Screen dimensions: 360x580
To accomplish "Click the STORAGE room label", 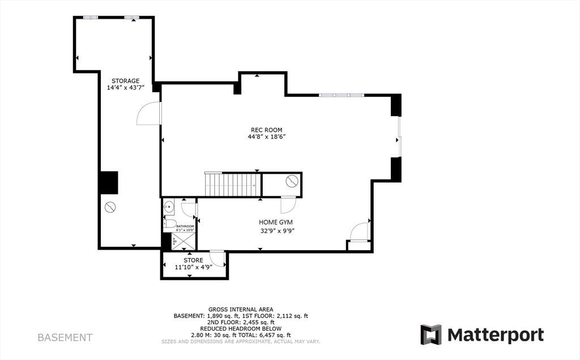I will tap(125, 81).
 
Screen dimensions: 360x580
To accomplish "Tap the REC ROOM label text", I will tap(266, 130).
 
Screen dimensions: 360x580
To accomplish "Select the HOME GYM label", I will tap(276, 222).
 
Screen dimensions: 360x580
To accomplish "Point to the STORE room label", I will tap(193, 260).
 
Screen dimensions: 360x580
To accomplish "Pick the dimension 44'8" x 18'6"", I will tap(266, 137).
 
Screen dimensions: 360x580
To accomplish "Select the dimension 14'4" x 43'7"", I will tap(125, 88).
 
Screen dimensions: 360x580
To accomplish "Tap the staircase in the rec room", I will tap(232, 185).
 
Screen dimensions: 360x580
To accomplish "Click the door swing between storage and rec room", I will tap(148, 114).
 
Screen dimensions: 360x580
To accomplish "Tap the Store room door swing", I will tap(217, 259).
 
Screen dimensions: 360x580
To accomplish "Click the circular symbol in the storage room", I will tap(110, 207).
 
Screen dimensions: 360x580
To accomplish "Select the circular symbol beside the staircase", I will tap(292, 182).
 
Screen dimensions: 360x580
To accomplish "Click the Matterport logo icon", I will tap(430, 335).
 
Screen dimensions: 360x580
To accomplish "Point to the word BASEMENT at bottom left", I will tap(65, 337).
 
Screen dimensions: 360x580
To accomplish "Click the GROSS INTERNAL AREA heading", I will tap(241, 310).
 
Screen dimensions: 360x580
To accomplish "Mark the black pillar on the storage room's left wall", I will tap(108, 182).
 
